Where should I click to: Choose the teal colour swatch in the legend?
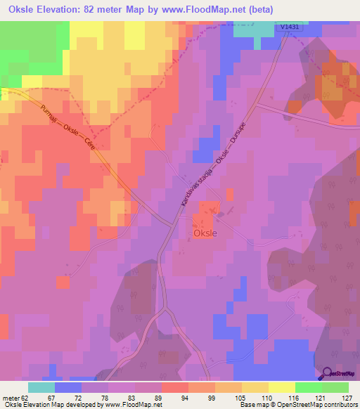[41, 387]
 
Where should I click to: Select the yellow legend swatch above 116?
[281, 387]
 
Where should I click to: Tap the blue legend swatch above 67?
[67, 387]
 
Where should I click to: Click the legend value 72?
[94, 398]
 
